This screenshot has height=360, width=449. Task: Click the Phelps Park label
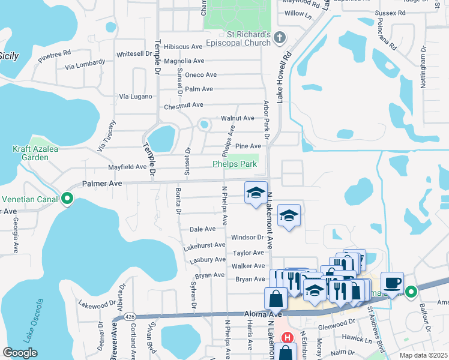click(x=235, y=164)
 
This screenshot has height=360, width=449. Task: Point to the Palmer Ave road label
click(x=102, y=183)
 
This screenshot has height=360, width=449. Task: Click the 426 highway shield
click(x=130, y=316)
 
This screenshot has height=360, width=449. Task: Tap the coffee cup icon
click(x=392, y=283)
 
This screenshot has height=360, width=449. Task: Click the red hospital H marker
click(x=287, y=338)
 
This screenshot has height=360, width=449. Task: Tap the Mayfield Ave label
click(x=127, y=167)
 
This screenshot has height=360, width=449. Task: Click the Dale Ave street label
click(x=202, y=229)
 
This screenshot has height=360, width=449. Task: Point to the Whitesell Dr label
click(x=134, y=53)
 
